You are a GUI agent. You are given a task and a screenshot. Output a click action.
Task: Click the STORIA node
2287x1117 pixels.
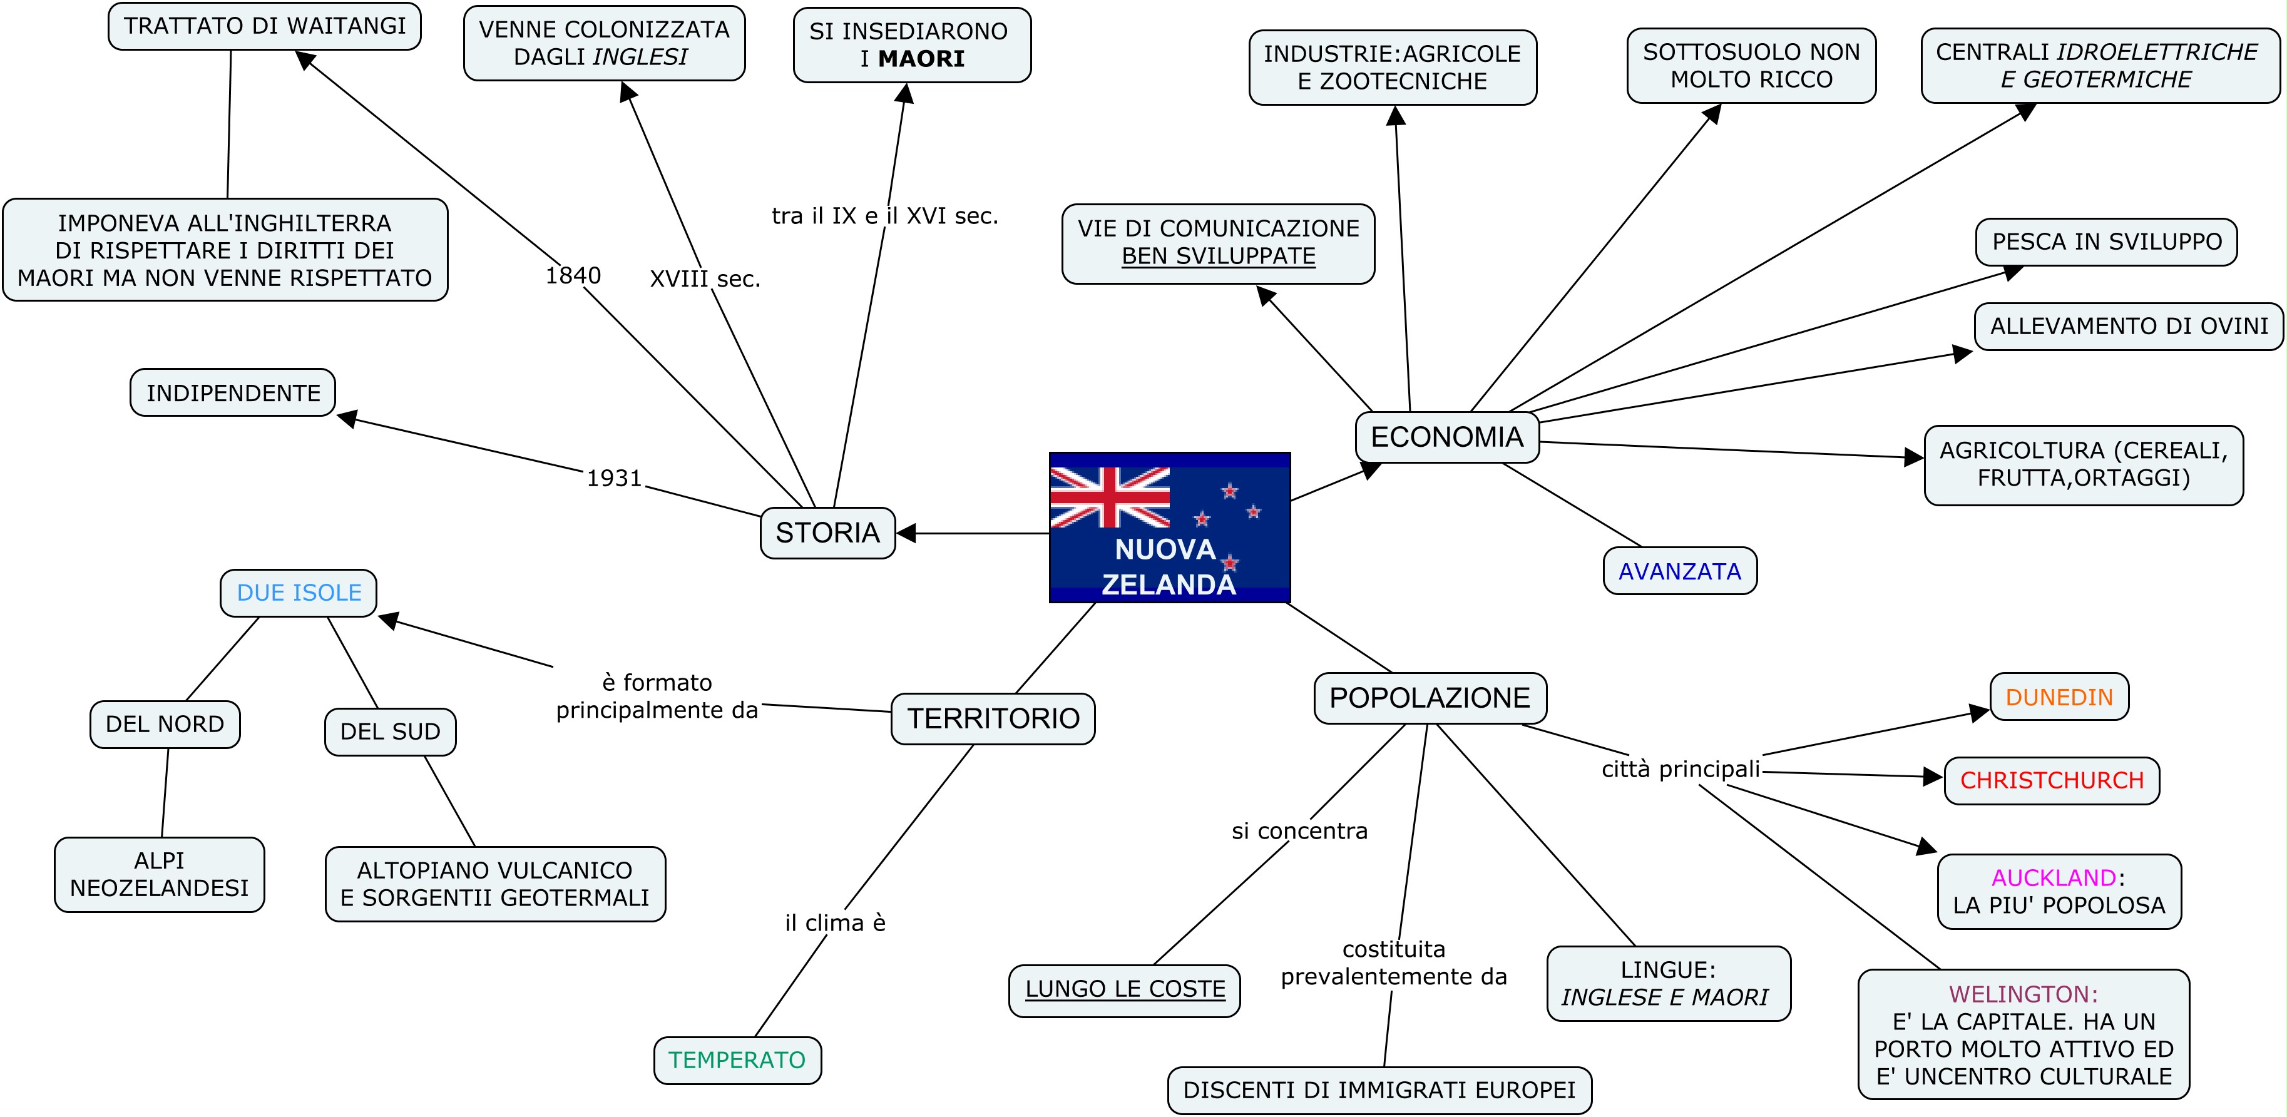pyautogui.click(x=827, y=533)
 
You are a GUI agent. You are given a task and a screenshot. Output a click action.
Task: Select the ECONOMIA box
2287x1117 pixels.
pyautogui.click(x=1446, y=437)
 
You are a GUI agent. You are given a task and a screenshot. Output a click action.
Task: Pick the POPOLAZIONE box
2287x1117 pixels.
pyautogui.click(x=1430, y=698)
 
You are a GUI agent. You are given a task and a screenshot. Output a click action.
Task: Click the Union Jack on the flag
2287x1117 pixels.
pyautogui.click(x=1109, y=497)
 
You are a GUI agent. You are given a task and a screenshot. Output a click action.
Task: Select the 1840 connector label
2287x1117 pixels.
pyautogui.click(x=573, y=276)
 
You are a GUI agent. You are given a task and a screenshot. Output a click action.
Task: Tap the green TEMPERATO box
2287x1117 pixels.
pyautogui.click(x=737, y=1060)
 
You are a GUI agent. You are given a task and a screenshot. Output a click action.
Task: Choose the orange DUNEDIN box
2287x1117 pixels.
pyautogui.click(x=2059, y=697)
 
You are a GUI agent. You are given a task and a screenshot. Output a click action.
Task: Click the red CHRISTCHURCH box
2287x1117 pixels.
pyautogui.click(x=2052, y=780)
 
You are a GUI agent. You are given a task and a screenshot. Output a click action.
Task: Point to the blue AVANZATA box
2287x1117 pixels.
pyautogui.click(x=1680, y=571)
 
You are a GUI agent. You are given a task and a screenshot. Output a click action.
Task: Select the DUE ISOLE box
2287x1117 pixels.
pyautogui.click(x=299, y=592)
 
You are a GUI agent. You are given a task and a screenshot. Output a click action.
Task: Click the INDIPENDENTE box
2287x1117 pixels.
pyautogui.click(x=233, y=392)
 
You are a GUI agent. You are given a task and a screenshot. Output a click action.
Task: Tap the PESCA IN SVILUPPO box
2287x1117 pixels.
pyautogui.click(x=2106, y=242)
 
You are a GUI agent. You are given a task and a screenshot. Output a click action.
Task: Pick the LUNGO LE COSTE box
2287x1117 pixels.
pyautogui.click(x=1125, y=989)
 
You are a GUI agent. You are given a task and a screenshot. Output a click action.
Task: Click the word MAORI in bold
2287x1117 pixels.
pyautogui.click(x=921, y=59)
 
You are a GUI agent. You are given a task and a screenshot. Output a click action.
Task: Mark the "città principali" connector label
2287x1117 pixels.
pyautogui.click(x=1680, y=769)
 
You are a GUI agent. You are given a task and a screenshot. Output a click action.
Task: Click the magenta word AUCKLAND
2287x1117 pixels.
pyautogui.click(x=2054, y=878)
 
